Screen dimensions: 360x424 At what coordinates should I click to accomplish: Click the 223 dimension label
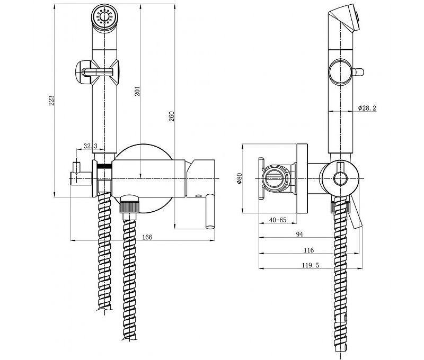point(51,101)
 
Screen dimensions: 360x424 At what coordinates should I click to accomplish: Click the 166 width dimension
point(147,237)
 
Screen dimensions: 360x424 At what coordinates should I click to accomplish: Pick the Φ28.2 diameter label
point(367,107)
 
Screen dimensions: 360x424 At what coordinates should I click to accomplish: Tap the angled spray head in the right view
point(344,21)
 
